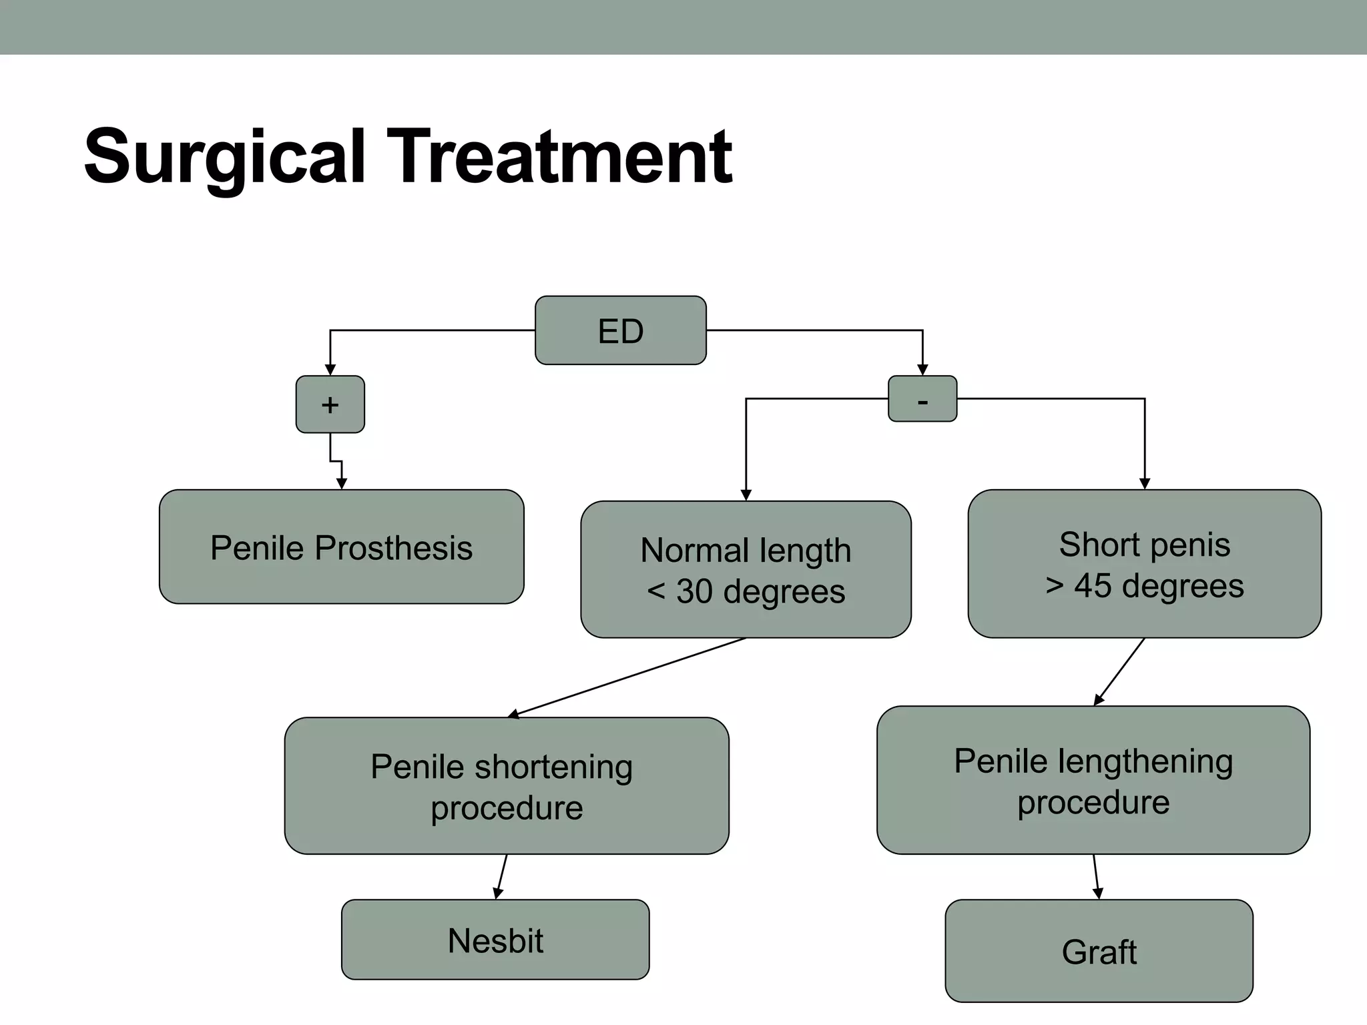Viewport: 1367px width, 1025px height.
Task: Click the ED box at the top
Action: tap(621, 330)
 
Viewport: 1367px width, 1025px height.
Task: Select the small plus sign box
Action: tap(330, 404)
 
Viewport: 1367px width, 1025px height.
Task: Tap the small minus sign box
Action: tap(922, 399)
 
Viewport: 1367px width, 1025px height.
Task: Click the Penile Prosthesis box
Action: tap(341, 547)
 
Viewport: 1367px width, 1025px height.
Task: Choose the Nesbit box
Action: tap(495, 940)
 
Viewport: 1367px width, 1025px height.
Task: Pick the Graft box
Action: tap(1099, 951)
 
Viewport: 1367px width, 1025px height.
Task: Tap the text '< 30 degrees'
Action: tap(746, 591)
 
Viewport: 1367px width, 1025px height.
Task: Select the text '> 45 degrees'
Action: tap(1144, 586)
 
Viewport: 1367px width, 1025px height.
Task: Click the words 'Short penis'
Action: tap(1144, 545)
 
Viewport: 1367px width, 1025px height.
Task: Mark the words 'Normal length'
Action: tap(746, 551)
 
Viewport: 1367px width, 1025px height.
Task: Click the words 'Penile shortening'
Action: tap(501, 766)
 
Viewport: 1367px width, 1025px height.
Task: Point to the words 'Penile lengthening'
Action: tap(1093, 761)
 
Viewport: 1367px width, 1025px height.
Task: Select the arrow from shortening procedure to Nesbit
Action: tap(502, 877)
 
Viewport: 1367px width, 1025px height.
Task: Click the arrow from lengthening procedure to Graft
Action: tap(1096, 877)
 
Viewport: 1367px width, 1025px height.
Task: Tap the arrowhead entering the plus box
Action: tap(330, 370)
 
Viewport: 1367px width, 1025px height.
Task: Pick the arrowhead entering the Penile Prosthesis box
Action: tap(341, 484)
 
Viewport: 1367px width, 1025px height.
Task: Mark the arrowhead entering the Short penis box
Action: tap(1145, 484)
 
